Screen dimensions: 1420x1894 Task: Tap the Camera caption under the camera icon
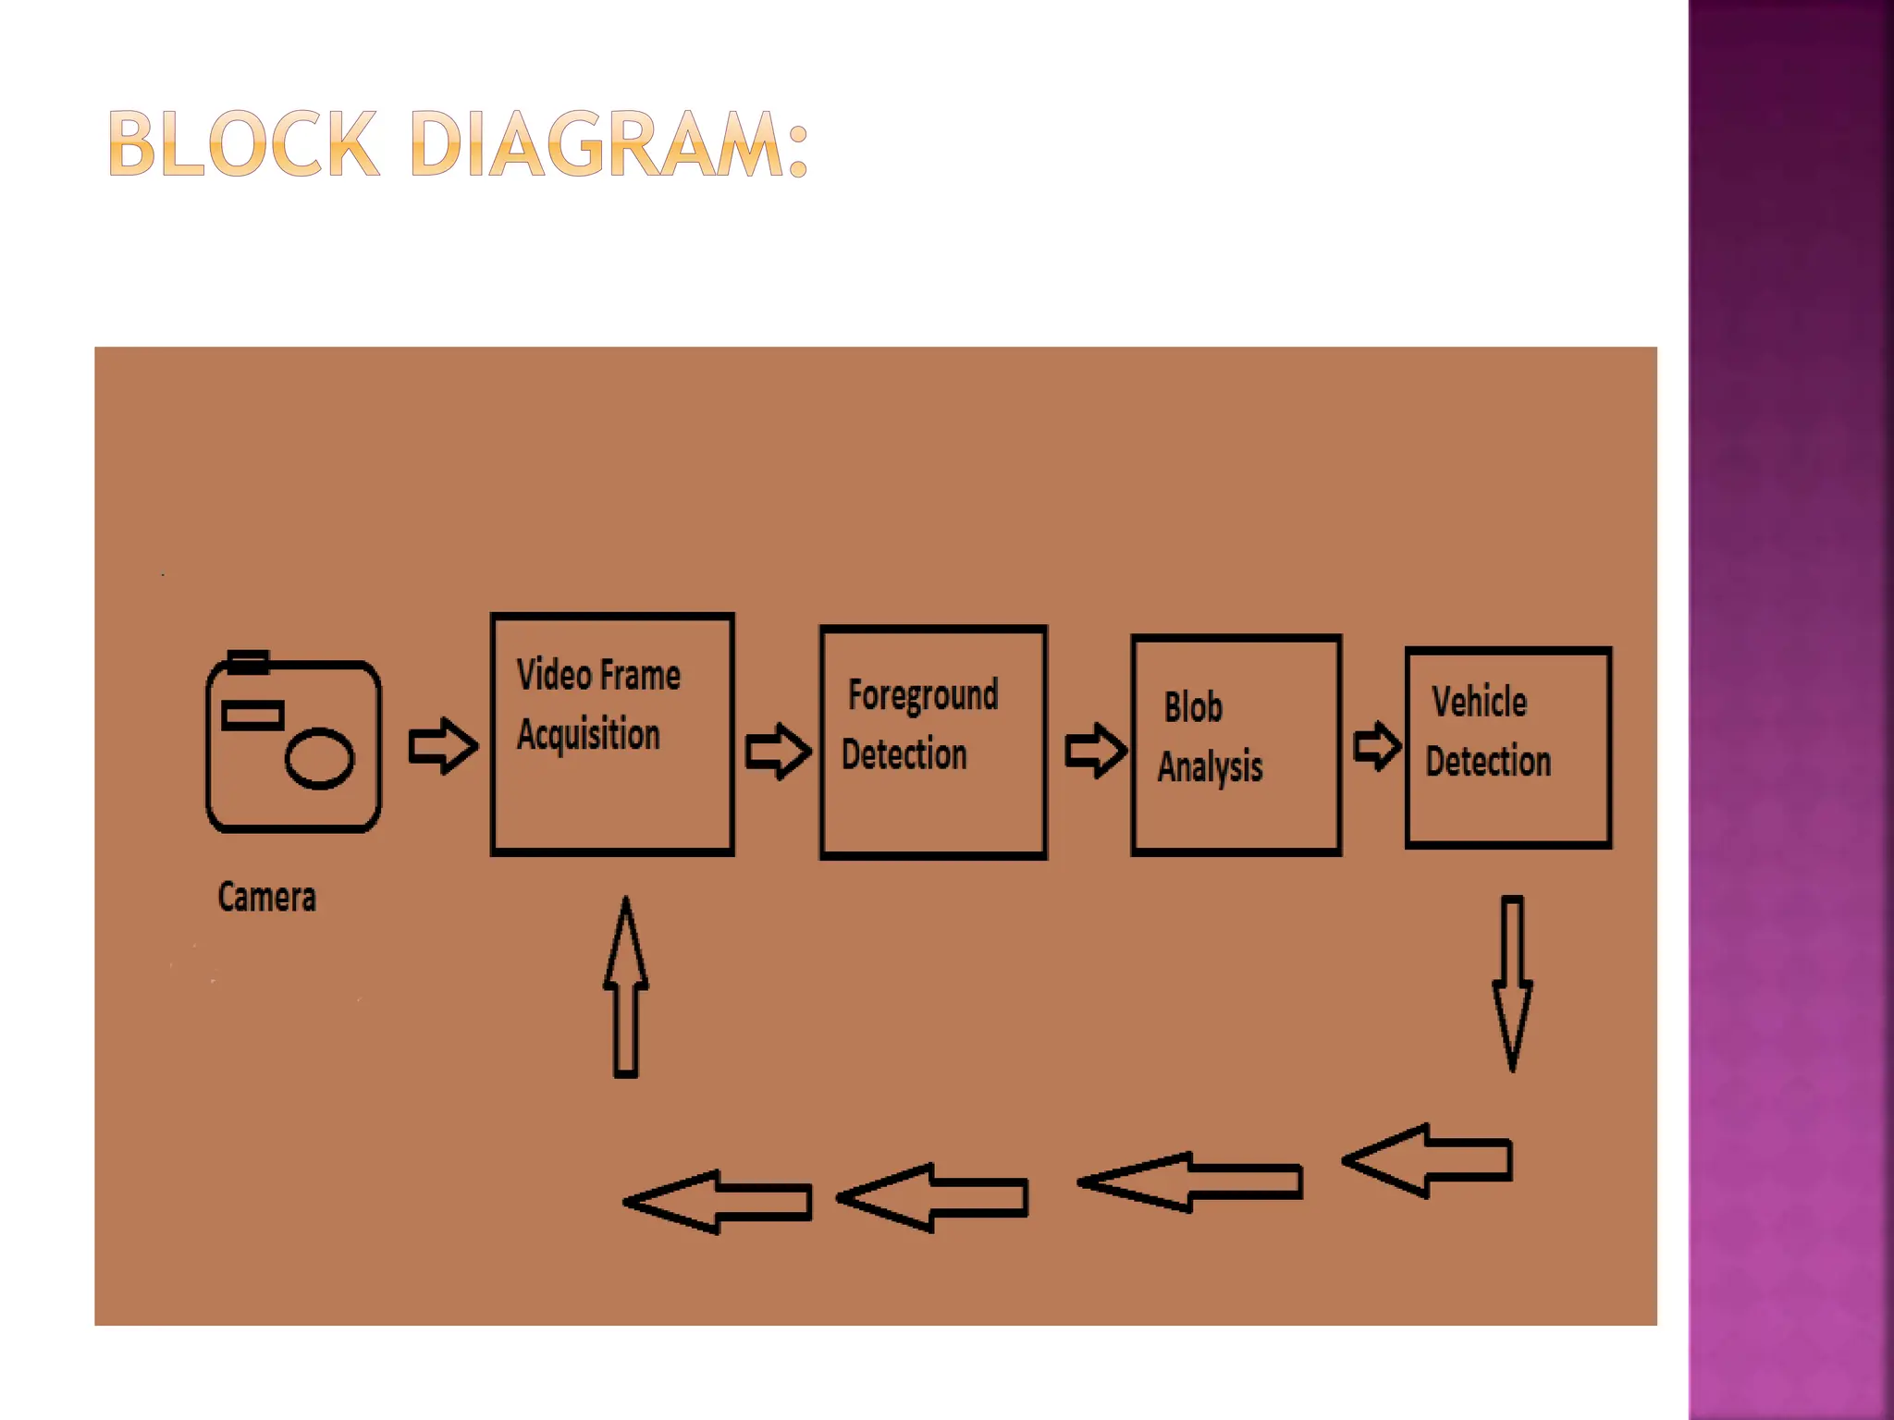coord(266,897)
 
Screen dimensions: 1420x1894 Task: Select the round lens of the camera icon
coord(319,758)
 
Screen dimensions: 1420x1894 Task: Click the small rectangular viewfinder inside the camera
coord(252,716)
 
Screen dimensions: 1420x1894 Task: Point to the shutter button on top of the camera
coord(248,662)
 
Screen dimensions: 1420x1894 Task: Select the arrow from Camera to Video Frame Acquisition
coord(443,745)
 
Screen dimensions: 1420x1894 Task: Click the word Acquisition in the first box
coord(588,734)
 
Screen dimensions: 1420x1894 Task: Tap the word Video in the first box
coord(553,675)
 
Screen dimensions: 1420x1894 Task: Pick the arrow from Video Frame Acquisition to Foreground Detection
coord(778,751)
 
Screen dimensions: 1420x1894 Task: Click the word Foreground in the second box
coord(923,695)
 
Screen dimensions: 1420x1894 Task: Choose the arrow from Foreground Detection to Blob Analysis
coord(1095,750)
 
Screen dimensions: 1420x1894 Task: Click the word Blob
coord(1193,707)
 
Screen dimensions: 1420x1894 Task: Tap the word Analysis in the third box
coord(1210,766)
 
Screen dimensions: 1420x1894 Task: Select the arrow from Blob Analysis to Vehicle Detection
coord(1377,745)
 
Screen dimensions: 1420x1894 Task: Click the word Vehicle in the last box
coord(1479,702)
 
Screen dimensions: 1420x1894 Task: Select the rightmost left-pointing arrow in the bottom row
coord(1428,1161)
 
